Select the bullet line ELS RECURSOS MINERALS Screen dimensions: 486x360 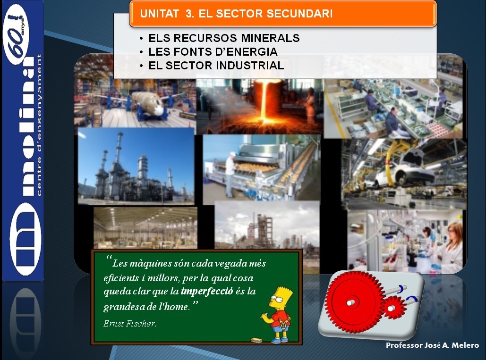click(224, 38)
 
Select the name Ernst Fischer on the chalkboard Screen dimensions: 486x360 click(130, 324)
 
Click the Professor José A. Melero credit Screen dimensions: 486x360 click(432, 345)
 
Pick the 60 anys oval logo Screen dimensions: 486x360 click(16, 34)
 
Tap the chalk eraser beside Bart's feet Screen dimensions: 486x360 click(257, 341)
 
